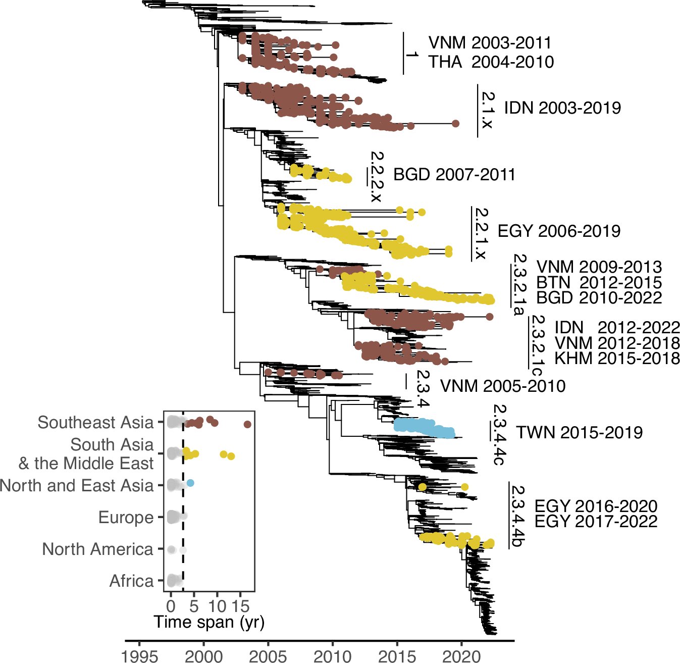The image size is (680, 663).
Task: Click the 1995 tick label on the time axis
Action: (139, 655)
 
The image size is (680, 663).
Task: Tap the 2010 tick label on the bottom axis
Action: (333, 655)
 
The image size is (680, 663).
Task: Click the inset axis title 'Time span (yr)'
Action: (209, 622)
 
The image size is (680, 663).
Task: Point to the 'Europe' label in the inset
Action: (126, 517)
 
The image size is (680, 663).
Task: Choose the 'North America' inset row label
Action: (97, 549)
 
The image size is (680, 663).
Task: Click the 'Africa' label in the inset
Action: (131, 581)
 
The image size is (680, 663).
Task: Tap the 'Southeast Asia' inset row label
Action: (95, 422)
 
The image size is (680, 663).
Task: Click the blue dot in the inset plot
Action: (190, 483)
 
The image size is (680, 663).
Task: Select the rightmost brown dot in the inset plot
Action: (247, 425)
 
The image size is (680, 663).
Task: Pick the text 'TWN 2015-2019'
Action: (579, 432)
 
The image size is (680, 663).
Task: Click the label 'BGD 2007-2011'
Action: (454, 175)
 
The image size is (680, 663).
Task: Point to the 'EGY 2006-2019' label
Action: (559, 231)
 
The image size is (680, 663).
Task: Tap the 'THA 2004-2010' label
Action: (491, 62)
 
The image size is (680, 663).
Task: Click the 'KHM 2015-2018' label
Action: (617, 359)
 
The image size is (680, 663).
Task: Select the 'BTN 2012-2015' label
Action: (599, 282)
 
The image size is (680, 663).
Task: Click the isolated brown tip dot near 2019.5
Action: (455, 123)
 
